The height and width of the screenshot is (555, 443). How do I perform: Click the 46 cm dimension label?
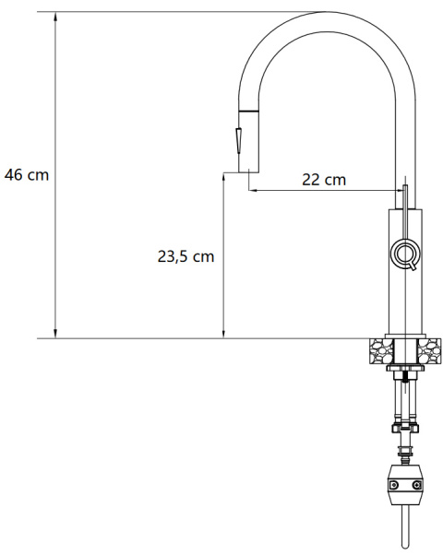point(27,175)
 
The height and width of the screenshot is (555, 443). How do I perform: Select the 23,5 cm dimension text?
point(186,256)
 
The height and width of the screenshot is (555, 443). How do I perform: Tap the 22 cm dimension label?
point(324,180)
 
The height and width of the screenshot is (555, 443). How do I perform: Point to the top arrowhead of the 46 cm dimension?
point(55,17)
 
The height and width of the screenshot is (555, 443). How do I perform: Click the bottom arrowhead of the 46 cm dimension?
point(55,334)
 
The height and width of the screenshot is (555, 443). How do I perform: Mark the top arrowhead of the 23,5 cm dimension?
point(223,177)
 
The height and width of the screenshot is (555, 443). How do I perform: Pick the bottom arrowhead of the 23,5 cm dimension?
point(223,334)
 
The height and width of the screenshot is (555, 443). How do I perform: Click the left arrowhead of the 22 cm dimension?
point(253,191)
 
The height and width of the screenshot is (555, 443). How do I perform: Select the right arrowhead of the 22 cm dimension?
point(400,191)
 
